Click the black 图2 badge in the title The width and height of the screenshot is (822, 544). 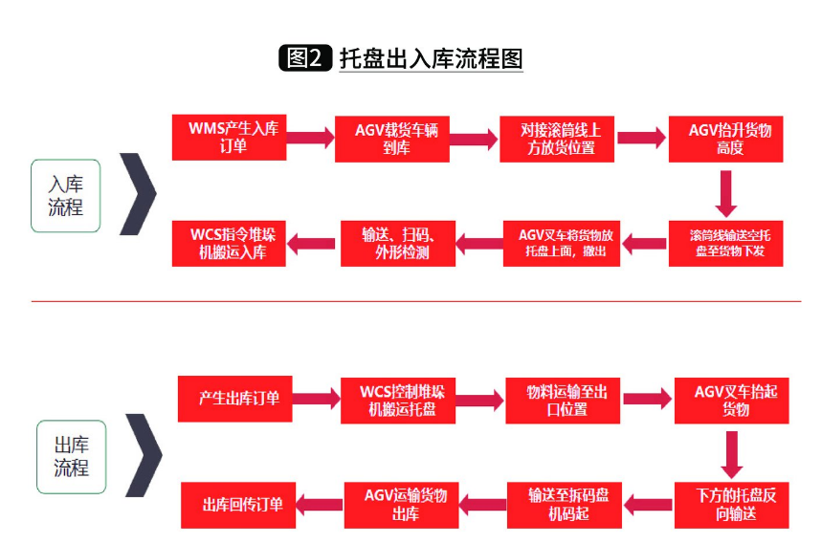pos(305,57)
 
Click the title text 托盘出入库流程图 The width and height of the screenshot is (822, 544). pos(432,57)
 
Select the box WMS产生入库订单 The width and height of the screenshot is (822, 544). pos(229,138)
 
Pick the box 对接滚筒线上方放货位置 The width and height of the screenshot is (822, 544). pos(558,138)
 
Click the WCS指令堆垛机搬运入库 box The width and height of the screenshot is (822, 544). pos(229,243)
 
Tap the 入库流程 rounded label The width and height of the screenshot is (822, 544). pos(65,195)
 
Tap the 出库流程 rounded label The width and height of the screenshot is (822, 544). pos(71,457)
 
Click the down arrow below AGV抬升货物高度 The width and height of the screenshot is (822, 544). pos(725,192)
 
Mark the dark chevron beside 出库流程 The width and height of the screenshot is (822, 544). pos(144,455)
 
